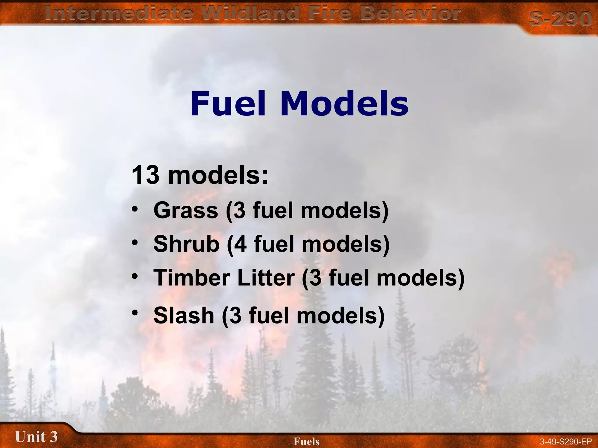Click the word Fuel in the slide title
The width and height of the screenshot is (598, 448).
pyautogui.click(x=228, y=104)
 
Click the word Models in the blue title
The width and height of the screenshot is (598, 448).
pyautogui.click(x=344, y=104)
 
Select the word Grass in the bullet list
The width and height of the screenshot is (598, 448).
pyautogui.click(x=186, y=210)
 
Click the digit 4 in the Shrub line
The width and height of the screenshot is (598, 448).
pyautogui.click(x=240, y=244)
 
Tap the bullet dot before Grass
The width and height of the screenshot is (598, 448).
pyautogui.click(x=135, y=209)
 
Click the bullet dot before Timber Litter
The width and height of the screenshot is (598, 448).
pyautogui.click(x=135, y=276)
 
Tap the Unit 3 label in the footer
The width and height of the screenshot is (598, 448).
pyautogui.click(x=36, y=437)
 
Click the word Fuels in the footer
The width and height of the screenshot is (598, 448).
pyautogui.click(x=307, y=441)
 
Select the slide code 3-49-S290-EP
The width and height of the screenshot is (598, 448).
pyautogui.click(x=566, y=442)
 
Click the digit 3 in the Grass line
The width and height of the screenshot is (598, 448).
pyautogui.click(x=239, y=211)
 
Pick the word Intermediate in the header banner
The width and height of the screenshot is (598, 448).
pyautogui.click(x=119, y=13)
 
